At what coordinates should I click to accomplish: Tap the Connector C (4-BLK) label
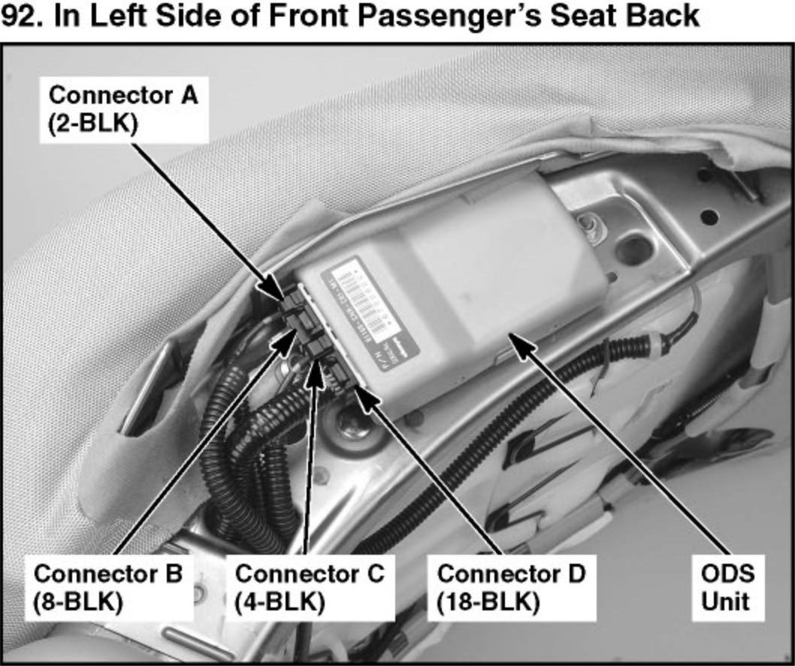(x=310, y=588)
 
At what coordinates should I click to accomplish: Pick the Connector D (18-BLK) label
(x=511, y=588)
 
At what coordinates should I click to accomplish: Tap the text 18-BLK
(x=488, y=603)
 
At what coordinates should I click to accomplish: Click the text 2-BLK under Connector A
(x=94, y=124)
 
